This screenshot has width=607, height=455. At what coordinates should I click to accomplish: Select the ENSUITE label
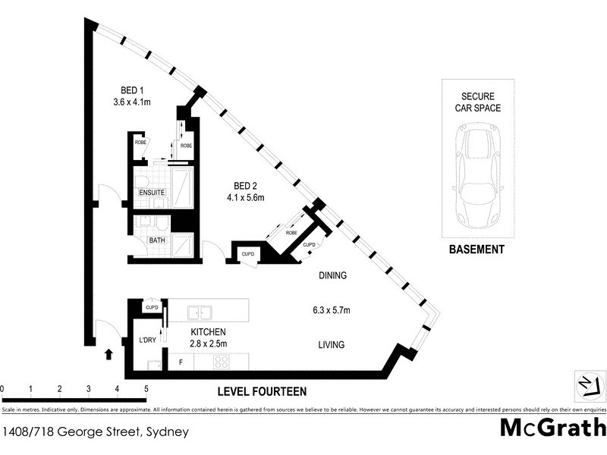[152, 193]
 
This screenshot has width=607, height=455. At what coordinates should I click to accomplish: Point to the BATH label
[157, 240]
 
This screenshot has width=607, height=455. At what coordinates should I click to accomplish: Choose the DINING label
[332, 276]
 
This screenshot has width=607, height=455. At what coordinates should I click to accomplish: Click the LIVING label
[331, 344]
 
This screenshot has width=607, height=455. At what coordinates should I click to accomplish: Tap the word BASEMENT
[476, 249]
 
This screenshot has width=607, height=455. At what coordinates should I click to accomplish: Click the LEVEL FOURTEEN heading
[262, 391]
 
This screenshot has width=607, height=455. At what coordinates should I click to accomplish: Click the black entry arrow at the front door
[108, 353]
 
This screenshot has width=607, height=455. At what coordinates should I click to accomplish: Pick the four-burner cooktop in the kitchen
[222, 362]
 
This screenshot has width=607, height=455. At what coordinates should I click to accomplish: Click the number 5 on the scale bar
[146, 389]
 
